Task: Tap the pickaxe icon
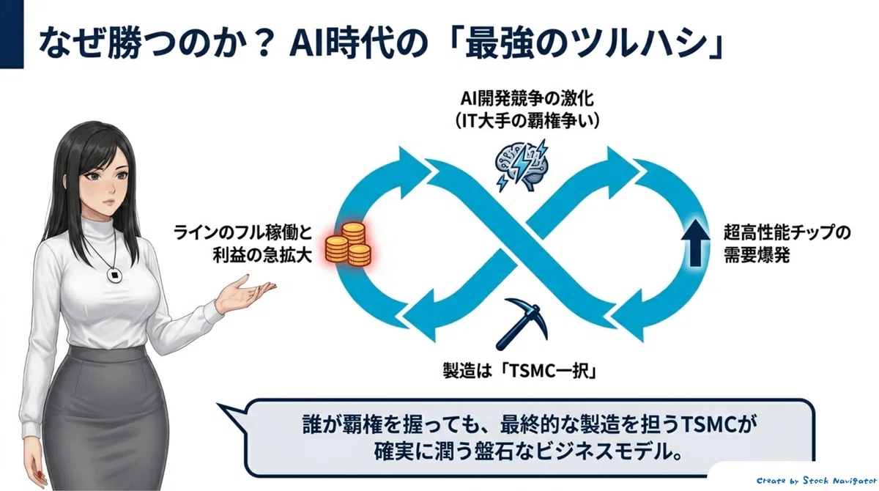pos(521,324)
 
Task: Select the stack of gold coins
pos(348,245)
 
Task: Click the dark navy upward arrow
pos(695,242)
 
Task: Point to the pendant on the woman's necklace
pos(114,274)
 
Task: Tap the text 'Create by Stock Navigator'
pos(817,481)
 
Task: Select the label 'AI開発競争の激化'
pos(527,98)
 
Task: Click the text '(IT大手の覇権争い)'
pos(527,121)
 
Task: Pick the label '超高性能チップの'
pos(787,232)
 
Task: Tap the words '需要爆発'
pos(756,256)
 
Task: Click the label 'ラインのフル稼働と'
pos(243,232)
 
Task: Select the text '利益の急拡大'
pos(262,256)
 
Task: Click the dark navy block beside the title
pos(12,34)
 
